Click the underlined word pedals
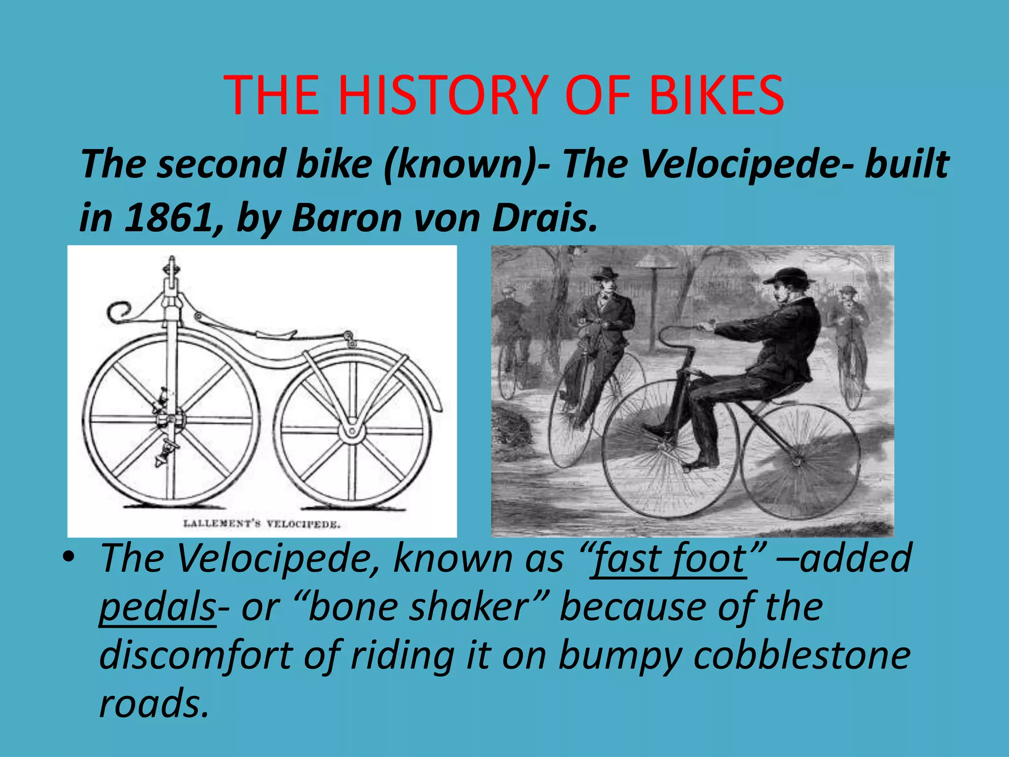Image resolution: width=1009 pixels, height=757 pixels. (x=158, y=607)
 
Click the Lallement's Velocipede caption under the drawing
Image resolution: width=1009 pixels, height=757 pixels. (x=262, y=523)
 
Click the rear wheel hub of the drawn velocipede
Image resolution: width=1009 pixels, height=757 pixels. (x=352, y=432)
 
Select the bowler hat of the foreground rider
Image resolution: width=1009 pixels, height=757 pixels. (x=789, y=276)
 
